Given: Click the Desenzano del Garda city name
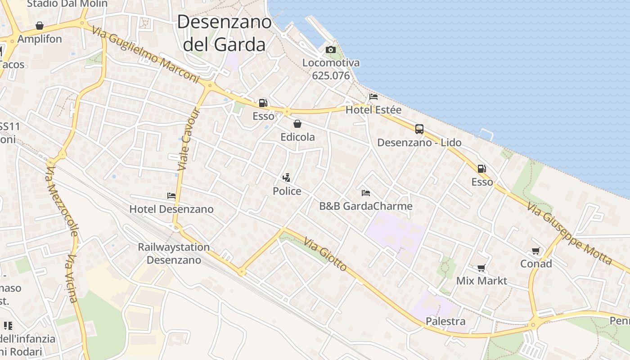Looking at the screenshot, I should tap(225, 33).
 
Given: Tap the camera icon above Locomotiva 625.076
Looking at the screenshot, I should tap(331, 49).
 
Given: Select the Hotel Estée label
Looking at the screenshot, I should tap(373, 110).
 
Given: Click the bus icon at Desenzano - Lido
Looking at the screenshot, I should tap(419, 129).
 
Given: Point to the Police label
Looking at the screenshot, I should tap(287, 191).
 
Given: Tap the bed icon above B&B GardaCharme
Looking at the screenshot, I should tap(366, 193).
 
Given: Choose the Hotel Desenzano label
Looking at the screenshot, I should tap(171, 209).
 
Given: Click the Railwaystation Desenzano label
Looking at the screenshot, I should tap(174, 253).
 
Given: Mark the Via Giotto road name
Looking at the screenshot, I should tap(325, 255).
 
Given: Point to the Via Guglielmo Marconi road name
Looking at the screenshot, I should tap(145, 55).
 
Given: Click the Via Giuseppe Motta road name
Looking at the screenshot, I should tap(569, 233).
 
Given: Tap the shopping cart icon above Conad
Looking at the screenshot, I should tap(535, 251).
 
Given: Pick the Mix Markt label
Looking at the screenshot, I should tap(481, 281).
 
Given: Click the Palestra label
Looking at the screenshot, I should tap(445, 321).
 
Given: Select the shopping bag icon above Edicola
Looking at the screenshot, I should tap(297, 124).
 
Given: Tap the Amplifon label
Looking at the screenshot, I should tap(40, 39).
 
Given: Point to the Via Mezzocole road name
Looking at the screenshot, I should tap(62, 200).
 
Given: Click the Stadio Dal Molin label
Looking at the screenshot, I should tap(67, 4).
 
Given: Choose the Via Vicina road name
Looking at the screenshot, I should tap(72, 279).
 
